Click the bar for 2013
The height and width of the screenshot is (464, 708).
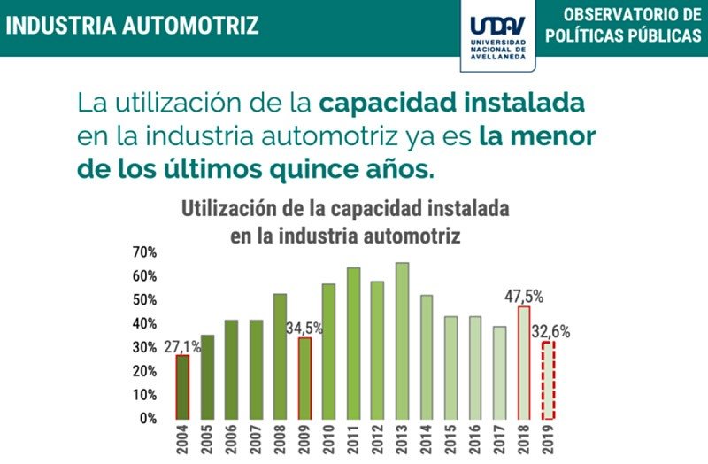coord(402,341)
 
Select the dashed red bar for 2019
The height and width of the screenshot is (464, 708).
coord(549,381)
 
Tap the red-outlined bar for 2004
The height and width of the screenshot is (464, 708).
coord(182,387)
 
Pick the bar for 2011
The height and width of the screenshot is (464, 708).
coord(353,344)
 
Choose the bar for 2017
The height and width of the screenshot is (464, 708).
coord(500,373)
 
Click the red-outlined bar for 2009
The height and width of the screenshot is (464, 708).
coord(304,378)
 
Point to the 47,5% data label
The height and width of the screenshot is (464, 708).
coord(524,296)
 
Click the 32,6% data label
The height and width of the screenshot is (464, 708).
coord(550,332)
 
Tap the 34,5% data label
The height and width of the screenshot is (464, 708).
coord(304,328)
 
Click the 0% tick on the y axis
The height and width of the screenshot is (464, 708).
coord(148,418)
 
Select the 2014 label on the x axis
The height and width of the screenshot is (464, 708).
coord(427,440)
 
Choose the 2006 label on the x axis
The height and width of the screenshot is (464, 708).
coord(231,440)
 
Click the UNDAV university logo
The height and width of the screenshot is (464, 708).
coord(496,35)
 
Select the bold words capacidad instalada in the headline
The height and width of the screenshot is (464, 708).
coord(452,103)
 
